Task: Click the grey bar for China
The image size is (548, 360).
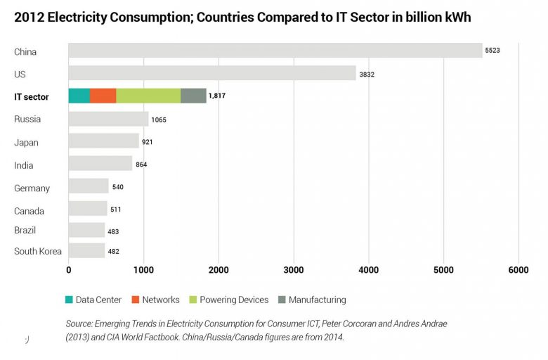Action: pos(275,51)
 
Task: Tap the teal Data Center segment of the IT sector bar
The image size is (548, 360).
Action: pos(79,96)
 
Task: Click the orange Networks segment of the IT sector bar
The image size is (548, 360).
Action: pos(103,96)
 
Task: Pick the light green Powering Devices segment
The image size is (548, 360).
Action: pos(148,96)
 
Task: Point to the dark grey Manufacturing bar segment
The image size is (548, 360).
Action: pos(193,96)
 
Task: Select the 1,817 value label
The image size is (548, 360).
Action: pos(217,96)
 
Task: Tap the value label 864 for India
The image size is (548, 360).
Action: pos(141,165)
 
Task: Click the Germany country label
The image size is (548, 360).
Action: pos(32,188)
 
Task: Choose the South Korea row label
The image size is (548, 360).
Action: pos(38,251)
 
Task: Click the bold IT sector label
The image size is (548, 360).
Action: pos(32,97)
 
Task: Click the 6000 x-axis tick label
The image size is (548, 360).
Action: pos(518,270)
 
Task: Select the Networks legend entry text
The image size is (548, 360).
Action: pos(161,300)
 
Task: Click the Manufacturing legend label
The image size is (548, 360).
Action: pos(317,300)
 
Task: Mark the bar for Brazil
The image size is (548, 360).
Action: pos(86,230)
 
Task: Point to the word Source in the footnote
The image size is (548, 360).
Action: pos(80,323)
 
